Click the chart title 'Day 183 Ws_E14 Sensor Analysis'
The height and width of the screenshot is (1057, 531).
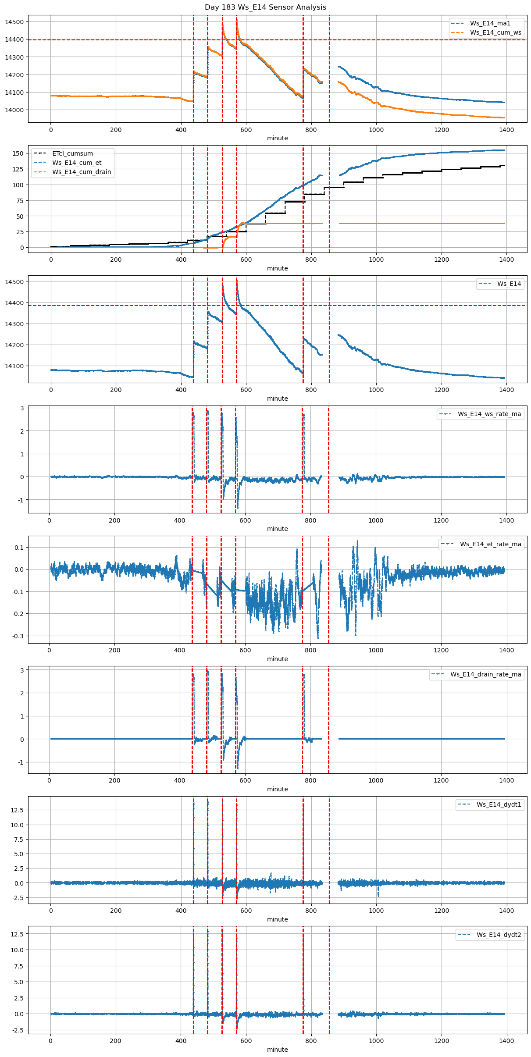tap(265, 7)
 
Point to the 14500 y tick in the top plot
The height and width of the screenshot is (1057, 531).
tap(15, 22)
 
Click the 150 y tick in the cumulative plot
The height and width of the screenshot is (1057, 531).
tap(18, 153)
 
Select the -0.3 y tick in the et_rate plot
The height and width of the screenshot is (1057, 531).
tap(17, 636)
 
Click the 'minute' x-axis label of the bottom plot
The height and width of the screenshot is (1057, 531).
tap(278, 1050)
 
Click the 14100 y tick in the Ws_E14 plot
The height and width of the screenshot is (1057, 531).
tap(15, 366)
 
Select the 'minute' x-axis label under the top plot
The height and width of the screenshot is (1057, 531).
tap(278, 138)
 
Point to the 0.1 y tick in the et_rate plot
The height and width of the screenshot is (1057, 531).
tap(18, 548)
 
